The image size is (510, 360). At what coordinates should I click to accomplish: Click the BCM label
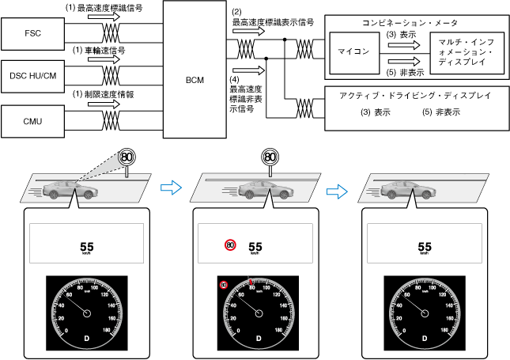click(x=195, y=79)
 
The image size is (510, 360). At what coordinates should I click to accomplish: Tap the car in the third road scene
click(x=407, y=191)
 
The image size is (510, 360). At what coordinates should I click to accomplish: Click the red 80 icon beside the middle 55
click(x=230, y=245)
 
